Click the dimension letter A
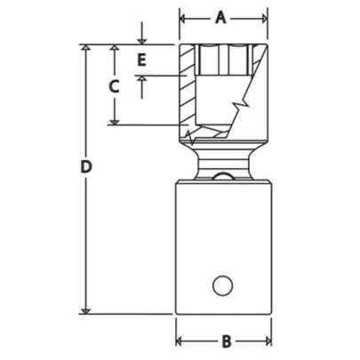[224, 17]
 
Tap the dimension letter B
[225, 340]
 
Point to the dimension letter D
[85, 166]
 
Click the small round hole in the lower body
[223, 286]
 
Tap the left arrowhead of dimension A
[184, 17]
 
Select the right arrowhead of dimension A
[263, 17]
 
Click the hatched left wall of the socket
[187, 89]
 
